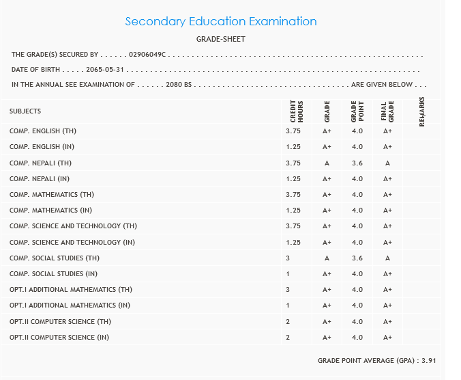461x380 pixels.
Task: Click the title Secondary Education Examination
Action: point(221,21)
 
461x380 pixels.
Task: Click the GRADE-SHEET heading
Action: point(220,39)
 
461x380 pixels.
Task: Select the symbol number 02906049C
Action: point(151,54)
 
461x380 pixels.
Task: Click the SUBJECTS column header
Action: point(25,111)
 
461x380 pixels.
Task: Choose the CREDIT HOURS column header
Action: point(296,111)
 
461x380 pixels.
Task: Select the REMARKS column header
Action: point(422,111)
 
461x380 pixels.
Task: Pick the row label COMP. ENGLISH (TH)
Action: point(43,131)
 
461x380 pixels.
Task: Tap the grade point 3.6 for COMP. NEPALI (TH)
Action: point(357,163)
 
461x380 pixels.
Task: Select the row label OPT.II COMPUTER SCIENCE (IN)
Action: point(59,338)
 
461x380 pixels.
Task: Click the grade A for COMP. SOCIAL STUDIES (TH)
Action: point(327,258)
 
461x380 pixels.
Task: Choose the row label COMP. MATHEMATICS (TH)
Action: point(52,195)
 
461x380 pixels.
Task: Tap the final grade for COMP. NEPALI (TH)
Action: point(387,163)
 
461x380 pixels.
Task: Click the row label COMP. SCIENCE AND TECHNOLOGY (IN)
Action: point(72,243)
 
